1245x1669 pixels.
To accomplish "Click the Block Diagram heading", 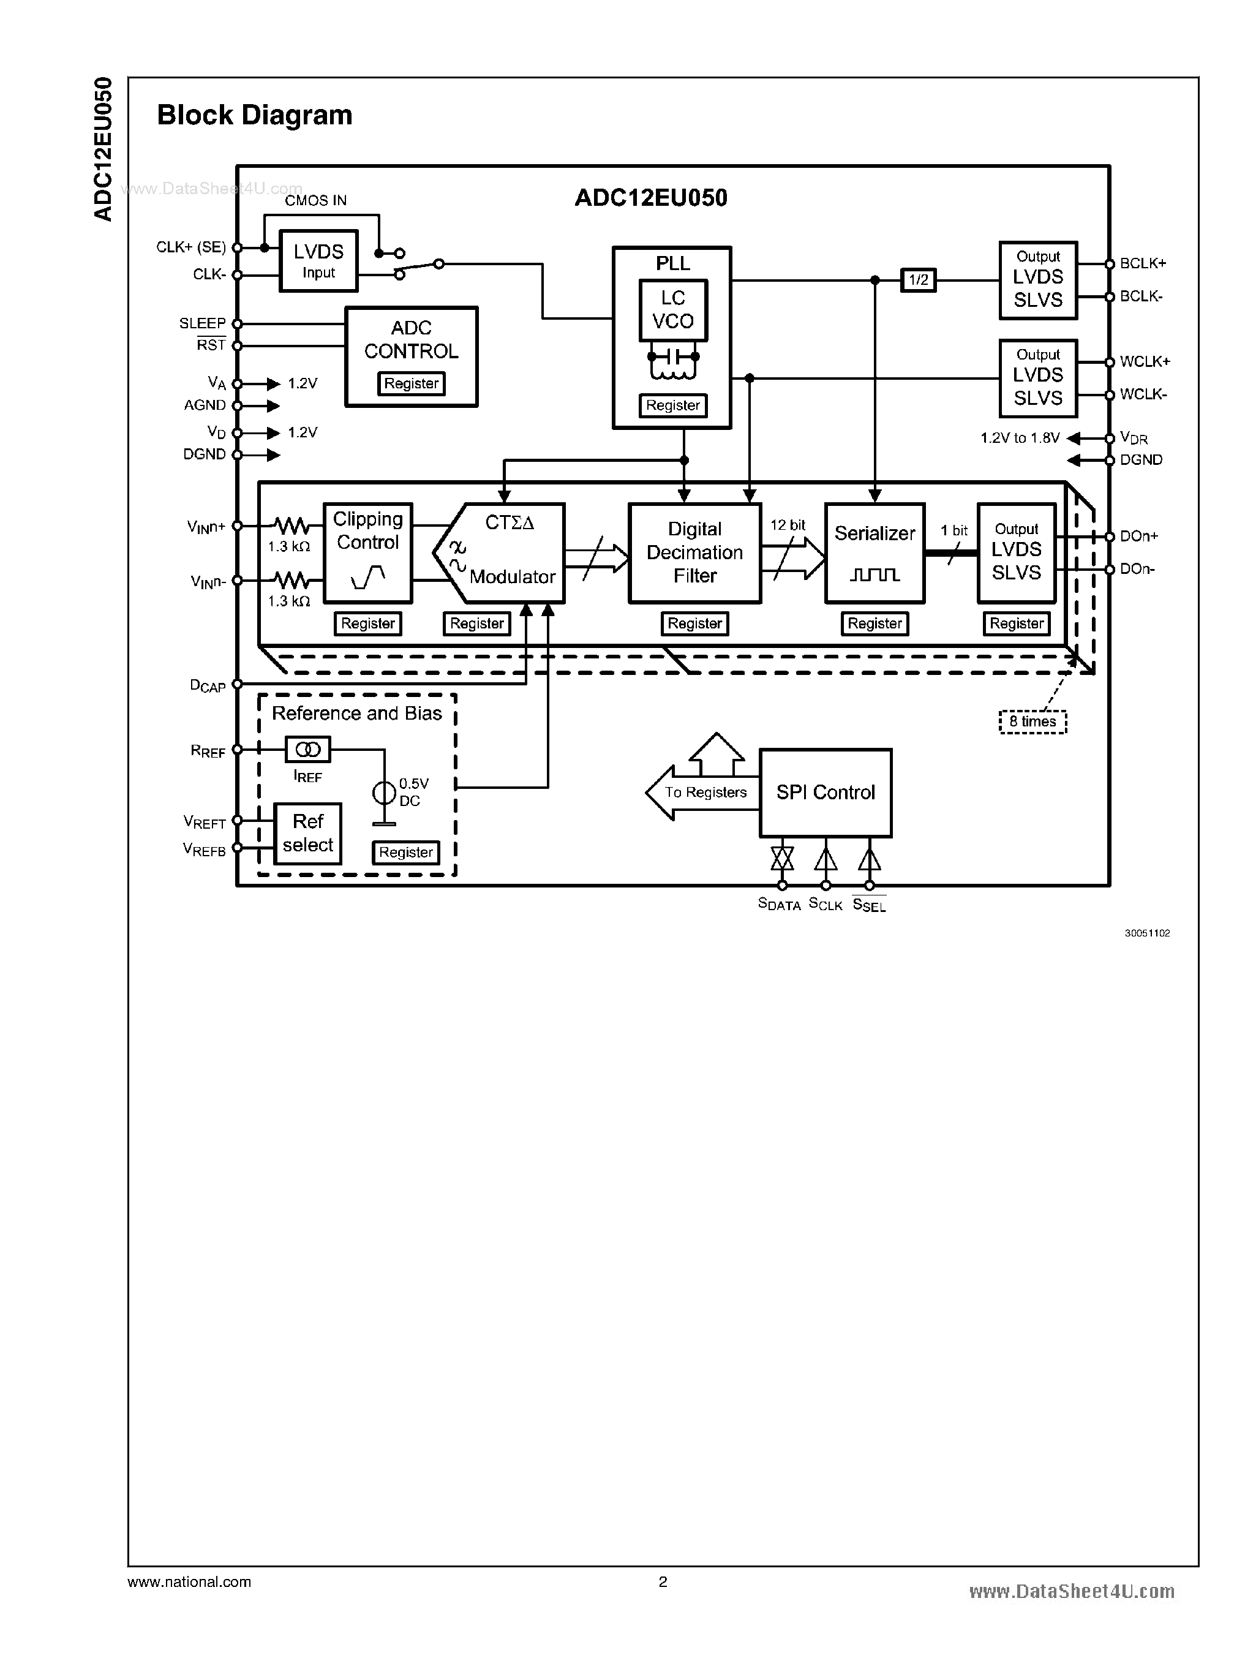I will (x=255, y=115).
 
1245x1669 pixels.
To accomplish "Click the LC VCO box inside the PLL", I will (x=672, y=310).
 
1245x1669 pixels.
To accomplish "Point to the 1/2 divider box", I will (x=918, y=281).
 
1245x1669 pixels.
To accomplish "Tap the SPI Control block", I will (x=826, y=793).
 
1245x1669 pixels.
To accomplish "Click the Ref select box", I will (x=307, y=833).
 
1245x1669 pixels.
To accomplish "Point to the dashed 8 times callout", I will (x=1032, y=721).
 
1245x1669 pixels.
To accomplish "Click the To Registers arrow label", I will (x=705, y=793).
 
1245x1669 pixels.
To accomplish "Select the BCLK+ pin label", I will (x=1143, y=263).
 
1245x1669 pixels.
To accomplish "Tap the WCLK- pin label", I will (x=1143, y=394).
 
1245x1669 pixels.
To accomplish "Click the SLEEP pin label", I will (x=202, y=323).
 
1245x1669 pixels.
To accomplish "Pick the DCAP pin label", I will (x=207, y=685).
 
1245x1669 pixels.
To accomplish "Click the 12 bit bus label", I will (x=788, y=526).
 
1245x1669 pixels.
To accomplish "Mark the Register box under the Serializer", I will (x=875, y=624).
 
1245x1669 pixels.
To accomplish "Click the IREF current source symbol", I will (x=307, y=749).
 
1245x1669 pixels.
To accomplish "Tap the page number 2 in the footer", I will (x=663, y=1581).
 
